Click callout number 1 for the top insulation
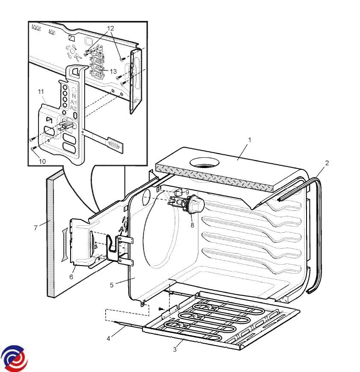pyautogui.click(x=250, y=140)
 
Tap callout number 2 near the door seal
pyautogui.click(x=327, y=163)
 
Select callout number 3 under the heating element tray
pyautogui.click(x=174, y=349)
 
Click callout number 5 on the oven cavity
pyautogui.click(x=111, y=285)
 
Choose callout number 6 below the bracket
pyautogui.click(x=71, y=277)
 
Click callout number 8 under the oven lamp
pyautogui.click(x=192, y=225)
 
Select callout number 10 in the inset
pyautogui.click(x=42, y=161)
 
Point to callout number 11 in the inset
pyautogui.click(x=41, y=92)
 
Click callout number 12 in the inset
pyautogui.click(x=110, y=28)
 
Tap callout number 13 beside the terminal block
pyautogui.click(x=113, y=71)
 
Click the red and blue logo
pyautogui.click(x=14, y=358)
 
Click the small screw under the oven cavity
pyautogui.click(x=160, y=308)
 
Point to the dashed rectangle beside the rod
pyautogui.click(x=127, y=314)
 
